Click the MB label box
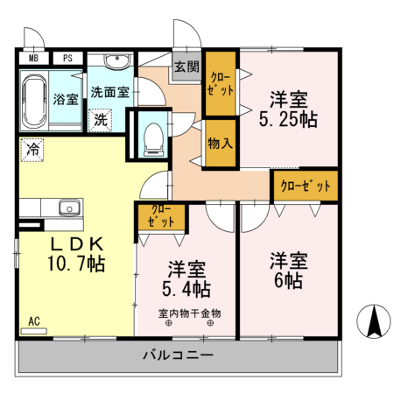pos(34,59)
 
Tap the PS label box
pos(67,59)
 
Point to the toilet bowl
pos(154,136)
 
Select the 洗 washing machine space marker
pos(102,118)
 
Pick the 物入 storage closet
pos(220,142)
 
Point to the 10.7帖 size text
pos(76,263)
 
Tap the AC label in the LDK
pos(35,321)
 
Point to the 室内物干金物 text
pos(190,313)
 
